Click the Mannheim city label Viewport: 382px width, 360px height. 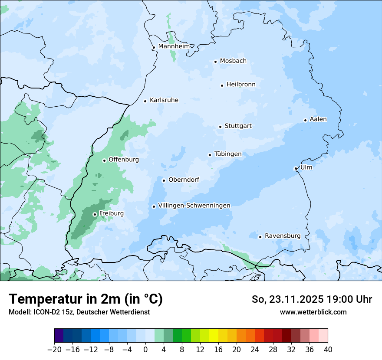174,46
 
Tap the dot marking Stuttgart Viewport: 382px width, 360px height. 220,127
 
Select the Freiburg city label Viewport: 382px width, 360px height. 111,213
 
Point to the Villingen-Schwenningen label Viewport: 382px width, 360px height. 194,206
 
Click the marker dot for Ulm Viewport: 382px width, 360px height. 296,168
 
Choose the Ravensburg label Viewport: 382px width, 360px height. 282,236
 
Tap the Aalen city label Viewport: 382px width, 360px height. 318,119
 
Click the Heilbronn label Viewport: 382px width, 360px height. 241,85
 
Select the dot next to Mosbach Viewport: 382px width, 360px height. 215,62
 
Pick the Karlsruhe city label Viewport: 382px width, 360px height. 164,100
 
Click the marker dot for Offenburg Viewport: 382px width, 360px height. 104,160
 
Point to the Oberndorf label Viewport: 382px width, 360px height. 184,180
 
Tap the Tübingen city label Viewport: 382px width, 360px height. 227,154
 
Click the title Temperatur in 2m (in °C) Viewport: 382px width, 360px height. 86,299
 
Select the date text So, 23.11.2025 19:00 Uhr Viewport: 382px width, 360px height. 312,299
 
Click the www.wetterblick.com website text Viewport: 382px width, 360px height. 313,312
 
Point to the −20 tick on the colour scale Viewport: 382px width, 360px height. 55,350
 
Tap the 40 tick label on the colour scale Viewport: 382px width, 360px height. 328,350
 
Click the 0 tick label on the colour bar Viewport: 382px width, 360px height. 145,350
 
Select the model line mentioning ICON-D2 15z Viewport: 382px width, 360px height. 79,312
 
